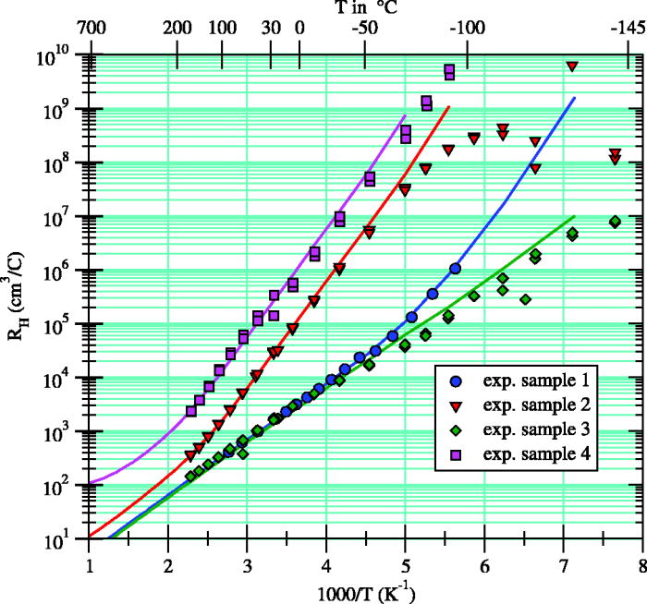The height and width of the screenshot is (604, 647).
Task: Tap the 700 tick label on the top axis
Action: point(89,29)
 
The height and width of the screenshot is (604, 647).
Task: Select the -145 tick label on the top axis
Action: point(629,29)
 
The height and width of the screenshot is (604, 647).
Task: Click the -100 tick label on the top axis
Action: point(468,29)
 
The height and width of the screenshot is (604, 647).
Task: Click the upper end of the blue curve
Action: point(575,97)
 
